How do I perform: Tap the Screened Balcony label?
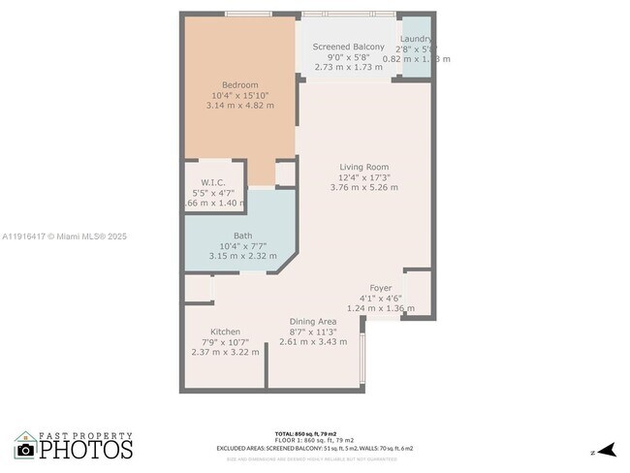(x=348, y=47)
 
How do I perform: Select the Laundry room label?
(x=416, y=39)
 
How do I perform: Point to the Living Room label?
(x=363, y=167)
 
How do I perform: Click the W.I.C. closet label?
(x=213, y=182)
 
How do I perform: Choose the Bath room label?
(x=242, y=236)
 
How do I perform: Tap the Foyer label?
(x=381, y=288)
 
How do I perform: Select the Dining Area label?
(x=313, y=321)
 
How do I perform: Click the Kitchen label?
(x=226, y=331)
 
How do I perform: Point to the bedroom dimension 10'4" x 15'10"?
(x=240, y=95)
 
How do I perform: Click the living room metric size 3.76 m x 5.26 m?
(x=363, y=188)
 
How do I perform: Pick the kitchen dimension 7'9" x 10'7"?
(x=226, y=342)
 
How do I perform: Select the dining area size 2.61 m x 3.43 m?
(x=313, y=342)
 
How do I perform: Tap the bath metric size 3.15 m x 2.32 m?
(x=242, y=256)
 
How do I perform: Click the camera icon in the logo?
(x=26, y=450)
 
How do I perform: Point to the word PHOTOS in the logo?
(x=86, y=450)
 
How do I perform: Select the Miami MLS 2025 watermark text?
(x=64, y=236)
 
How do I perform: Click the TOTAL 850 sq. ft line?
(x=314, y=433)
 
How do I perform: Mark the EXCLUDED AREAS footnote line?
(x=314, y=448)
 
